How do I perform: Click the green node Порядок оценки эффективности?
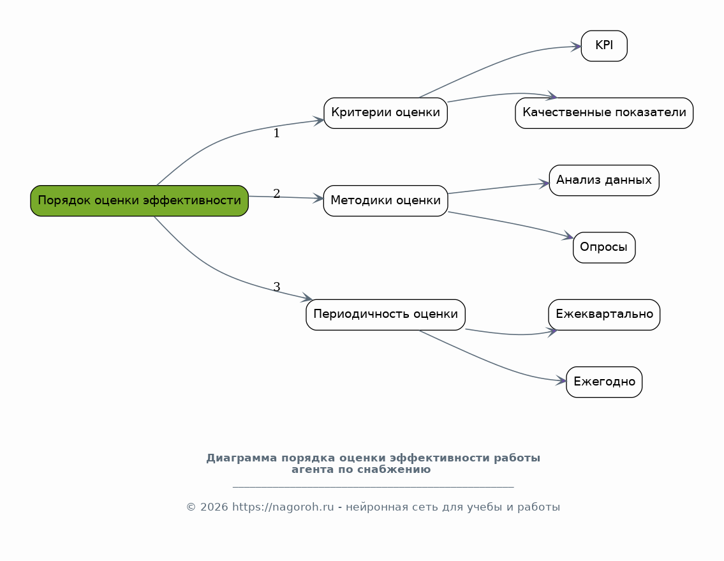(x=140, y=200)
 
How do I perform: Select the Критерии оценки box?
(x=385, y=113)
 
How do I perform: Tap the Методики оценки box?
(x=385, y=200)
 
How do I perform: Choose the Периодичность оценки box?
(x=385, y=315)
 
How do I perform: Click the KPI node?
(x=604, y=46)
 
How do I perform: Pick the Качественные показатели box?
(x=604, y=113)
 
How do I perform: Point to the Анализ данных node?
(x=604, y=180)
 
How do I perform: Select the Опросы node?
(x=604, y=248)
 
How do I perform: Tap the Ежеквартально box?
(x=604, y=315)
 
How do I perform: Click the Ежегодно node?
(x=604, y=382)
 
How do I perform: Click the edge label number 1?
(x=277, y=133)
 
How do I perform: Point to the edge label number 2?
(x=277, y=193)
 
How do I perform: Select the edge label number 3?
(x=277, y=287)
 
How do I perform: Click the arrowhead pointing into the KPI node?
(x=576, y=46)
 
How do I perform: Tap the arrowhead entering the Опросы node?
(x=568, y=236)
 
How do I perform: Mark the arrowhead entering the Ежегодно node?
(x=561, y=381)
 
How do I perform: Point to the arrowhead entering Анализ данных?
(x=544, y=184)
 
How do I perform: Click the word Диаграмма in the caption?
(x=242, y=458)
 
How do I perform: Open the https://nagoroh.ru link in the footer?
(x=283, y=507)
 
